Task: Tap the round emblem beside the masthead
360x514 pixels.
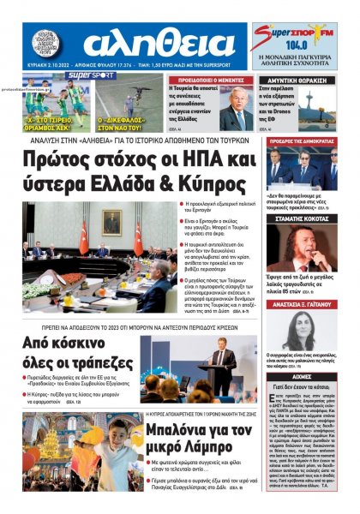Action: (x=47, y=45)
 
